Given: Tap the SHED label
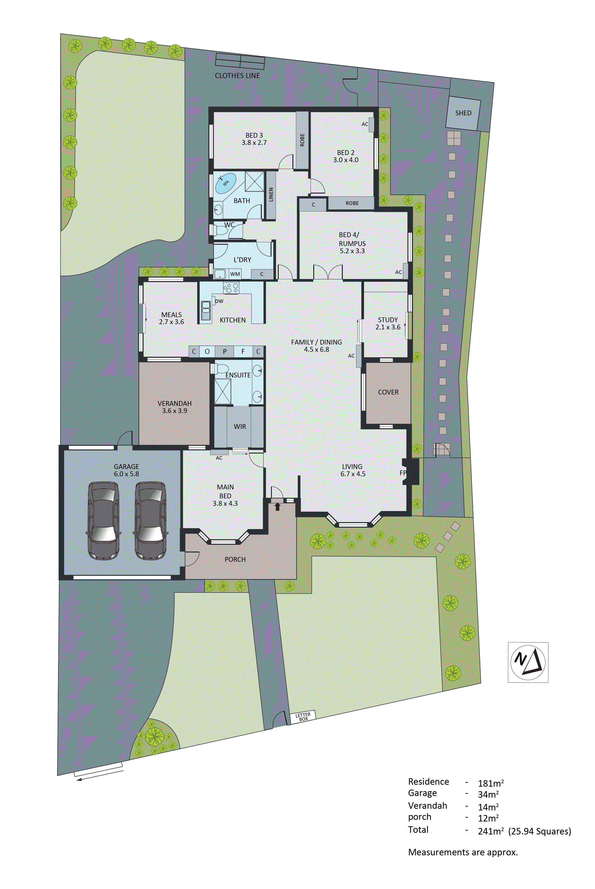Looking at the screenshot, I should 463,113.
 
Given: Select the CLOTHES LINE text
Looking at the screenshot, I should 237,76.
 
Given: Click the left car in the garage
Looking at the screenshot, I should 103,520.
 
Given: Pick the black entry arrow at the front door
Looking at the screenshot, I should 277,506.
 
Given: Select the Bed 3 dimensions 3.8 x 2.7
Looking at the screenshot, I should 254,143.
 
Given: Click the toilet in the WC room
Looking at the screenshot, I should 219,230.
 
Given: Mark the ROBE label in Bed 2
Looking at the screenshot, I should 352,203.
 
